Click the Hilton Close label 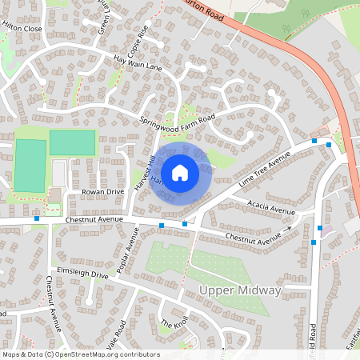click(22, 27)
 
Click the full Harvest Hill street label click(142, 170)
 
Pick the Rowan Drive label click(103, 192)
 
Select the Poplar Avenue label click(128, 250)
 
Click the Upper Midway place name click(240, 290)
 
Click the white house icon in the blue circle click(180, 172)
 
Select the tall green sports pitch click(30, 166)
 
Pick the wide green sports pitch click(72, 142)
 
